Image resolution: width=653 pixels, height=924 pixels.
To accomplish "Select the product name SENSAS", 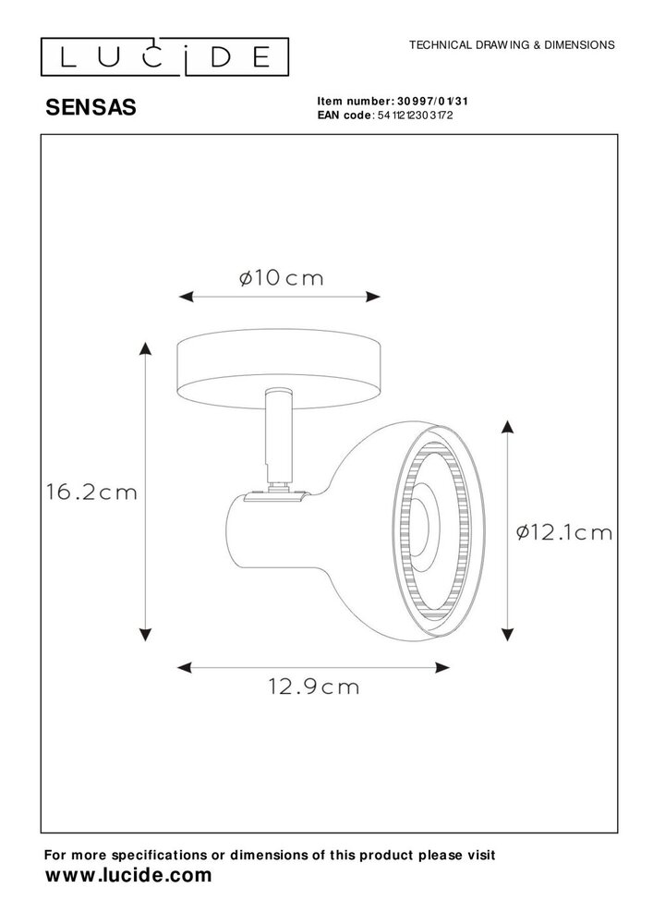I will tap(91, 107).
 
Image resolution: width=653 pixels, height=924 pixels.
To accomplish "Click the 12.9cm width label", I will tap(314, 687).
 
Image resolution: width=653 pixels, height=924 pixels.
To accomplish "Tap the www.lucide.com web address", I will tap(128, 875).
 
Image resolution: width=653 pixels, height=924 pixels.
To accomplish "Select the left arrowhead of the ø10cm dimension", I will tap(183, 298).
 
